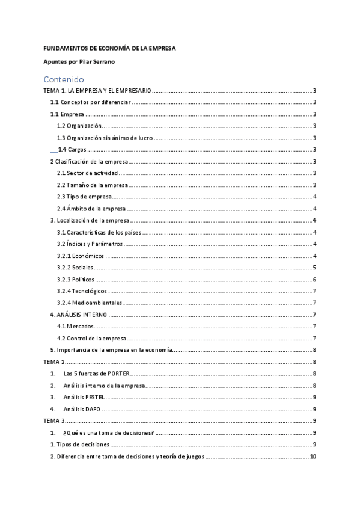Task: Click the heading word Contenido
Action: click(x=63, y=79)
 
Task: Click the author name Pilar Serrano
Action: click(x=98, y=62)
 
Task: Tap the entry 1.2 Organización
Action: click(x=79, y=126)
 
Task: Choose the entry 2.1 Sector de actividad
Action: click(x=84, y=173)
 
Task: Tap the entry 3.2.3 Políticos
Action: click(x=76, y=280)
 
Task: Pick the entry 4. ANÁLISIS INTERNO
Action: click(x=78, y=315)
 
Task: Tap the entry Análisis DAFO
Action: click(x=82, y=409)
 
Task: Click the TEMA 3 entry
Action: click(x=54, y=421)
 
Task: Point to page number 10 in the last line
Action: click(x=313, y=456)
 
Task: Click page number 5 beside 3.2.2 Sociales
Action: click(x=315, y=268)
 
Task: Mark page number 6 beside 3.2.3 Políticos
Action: click(x=315, y=280)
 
